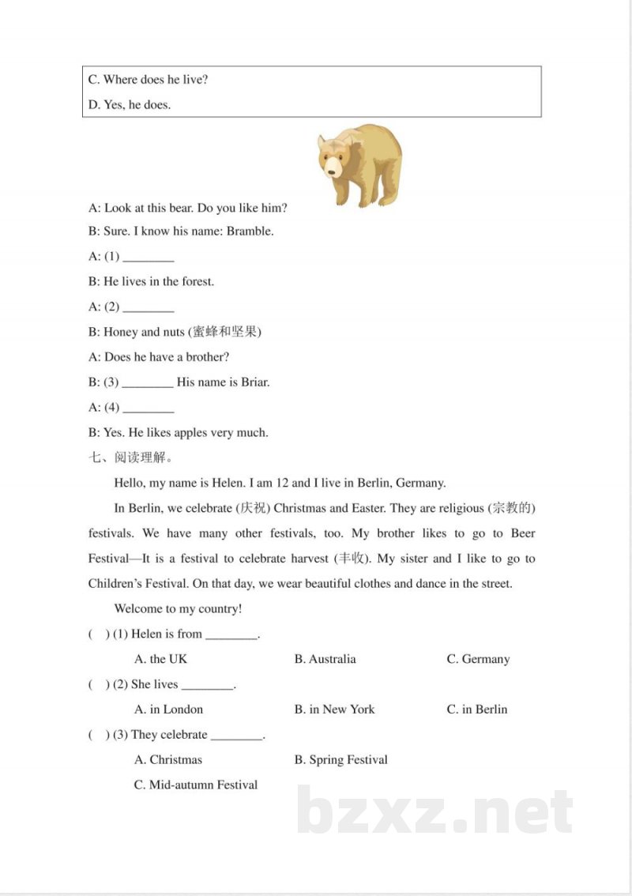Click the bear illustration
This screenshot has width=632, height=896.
tap(360, 164)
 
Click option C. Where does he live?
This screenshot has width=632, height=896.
tap(148, 80)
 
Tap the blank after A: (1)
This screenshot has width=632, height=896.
tap(149, 258)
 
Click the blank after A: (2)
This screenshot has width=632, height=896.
tap(149, 307)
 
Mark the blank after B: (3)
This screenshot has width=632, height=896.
tap(148, 383)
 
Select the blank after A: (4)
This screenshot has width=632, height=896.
tap(149, 408)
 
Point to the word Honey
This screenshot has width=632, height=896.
tap(120, 332)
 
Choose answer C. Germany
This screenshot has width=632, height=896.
tap(478, 659)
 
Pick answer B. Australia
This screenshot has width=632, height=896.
tap(325, 659)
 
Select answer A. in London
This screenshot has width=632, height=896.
tap(168, 710)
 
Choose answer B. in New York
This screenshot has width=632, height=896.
tap(334, 710)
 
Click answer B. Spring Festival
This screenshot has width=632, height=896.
tap(340, 760)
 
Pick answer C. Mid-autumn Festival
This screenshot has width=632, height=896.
tap(196, 785)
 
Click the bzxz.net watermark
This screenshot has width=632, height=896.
tap(435, 811)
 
